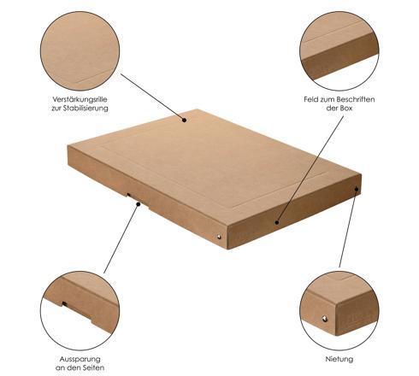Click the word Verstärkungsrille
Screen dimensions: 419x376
[x=80, y=99]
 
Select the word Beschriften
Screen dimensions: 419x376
[x=356, y=99]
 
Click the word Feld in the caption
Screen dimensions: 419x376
[x=310, y=99]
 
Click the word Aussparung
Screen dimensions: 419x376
[x=80, y=359]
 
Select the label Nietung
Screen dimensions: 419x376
[x=339, y=359]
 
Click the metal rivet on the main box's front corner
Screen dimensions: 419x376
[x=219, y=237]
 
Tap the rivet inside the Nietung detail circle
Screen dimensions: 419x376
[x=325, y=319]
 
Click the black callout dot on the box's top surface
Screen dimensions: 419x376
[x=185, y=120]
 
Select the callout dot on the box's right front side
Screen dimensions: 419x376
[x=277, y=222]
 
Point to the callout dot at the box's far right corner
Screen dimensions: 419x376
[x=357, y=189]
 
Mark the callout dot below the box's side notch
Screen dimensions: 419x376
[x=139, y=204]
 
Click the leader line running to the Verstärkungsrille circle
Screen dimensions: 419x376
[x=152, y=97]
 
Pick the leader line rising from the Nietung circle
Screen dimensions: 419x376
[x=348, y=228]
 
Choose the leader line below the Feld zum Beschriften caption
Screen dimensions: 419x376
[x=310, y=169]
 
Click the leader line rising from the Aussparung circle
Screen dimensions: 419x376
[x=121, y=238]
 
